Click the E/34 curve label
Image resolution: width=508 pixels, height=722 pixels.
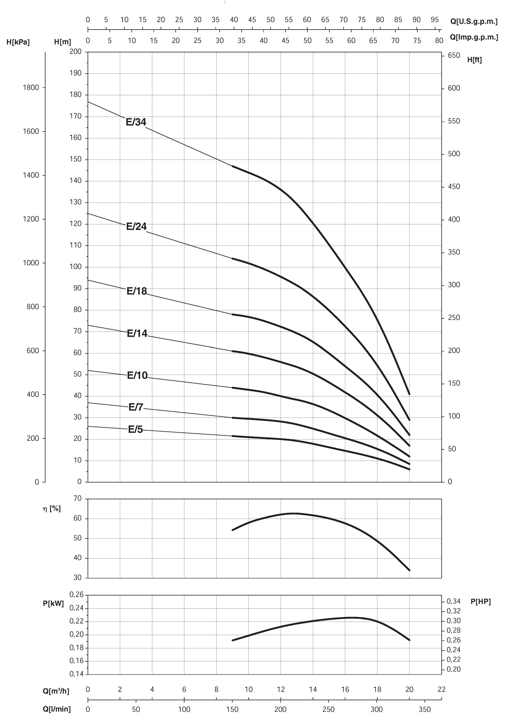[x=136, y=122]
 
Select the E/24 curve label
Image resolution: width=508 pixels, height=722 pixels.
[x=136, y=226]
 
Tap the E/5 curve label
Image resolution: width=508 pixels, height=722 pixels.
[x=135, y=430]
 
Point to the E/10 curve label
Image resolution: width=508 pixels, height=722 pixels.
[x=137, y=375]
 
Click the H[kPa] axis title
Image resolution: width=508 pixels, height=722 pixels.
[x=18, y=42]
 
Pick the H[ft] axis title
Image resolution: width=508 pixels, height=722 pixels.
[x=474, y=60]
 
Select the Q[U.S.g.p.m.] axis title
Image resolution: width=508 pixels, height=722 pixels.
[x=474, y=21]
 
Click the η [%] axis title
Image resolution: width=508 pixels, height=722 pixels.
[x=52, y=509]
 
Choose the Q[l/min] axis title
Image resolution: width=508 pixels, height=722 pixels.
[x=57, y=709]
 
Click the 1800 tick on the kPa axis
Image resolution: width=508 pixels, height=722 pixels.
[x=31, y=88]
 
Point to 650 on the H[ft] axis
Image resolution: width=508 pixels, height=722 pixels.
[x=454, y=55]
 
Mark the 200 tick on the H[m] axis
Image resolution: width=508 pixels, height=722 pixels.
[x=76, y=52]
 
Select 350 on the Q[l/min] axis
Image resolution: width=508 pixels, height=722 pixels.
[x=425, y=709]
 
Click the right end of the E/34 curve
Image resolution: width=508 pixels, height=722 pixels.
[x=409, y=394]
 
